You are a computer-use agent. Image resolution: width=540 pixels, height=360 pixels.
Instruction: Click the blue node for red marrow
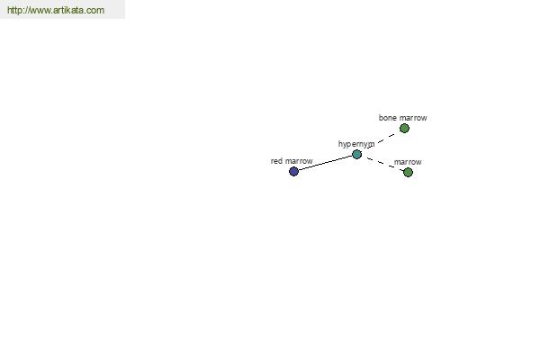click(x=293, y=171)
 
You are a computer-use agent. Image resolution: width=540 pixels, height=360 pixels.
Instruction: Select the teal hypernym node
click(x=356, y=154)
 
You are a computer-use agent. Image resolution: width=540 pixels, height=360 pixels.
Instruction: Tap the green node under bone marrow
click(x=404, y=129)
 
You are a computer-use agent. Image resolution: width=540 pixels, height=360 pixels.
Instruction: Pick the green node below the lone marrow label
click(x=408, y=172)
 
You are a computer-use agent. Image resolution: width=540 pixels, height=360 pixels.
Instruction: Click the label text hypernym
click(x=356, y=144)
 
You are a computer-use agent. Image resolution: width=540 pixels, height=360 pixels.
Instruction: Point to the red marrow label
click(x=292, y=161)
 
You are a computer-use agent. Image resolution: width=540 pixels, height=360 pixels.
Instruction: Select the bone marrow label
click(x=402, y=118)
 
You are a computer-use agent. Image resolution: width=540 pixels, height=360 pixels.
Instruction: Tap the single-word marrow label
click(x=408, y=162)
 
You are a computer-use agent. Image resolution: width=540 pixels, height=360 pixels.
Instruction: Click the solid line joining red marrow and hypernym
click(x=325, y=163)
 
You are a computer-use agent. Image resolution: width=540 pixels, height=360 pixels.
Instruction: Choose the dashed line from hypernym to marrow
click(x=382, y=163)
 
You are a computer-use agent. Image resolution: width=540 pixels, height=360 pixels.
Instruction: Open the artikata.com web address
click(x=56, y=10)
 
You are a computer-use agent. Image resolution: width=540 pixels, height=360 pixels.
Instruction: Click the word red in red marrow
click(x=276, y=161)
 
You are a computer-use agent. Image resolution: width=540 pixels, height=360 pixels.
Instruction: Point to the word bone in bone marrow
click(x=388, y=118)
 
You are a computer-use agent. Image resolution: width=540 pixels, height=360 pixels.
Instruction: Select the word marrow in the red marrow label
click(x=299, y=161)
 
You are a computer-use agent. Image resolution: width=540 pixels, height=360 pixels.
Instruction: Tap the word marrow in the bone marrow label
click(x=413, y=118)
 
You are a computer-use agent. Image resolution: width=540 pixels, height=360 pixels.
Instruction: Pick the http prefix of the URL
click(x=15, y=10)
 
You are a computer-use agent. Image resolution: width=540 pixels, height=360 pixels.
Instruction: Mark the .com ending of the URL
click(x=94, y=10)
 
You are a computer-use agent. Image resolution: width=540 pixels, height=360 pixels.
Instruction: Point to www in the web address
click(x=40, y=11)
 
